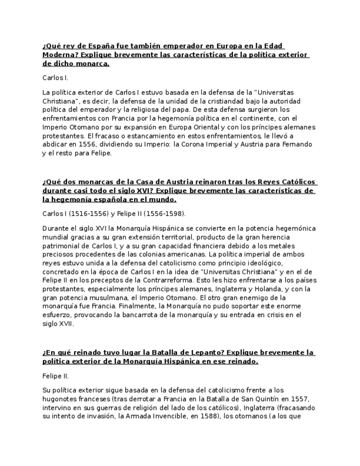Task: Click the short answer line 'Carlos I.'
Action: tap(55, 78)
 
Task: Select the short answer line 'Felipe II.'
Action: tap(56, 376)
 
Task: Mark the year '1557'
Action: tap(298, 398)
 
